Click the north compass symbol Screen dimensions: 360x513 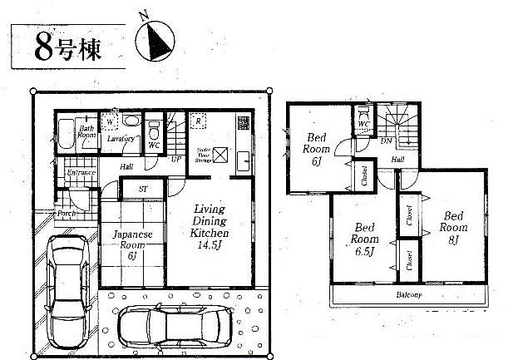(x=156, y=40)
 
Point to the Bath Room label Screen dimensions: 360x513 (x=86, y=131)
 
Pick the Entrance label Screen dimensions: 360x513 (x=81, y=172)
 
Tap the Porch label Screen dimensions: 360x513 (x=67, y=214)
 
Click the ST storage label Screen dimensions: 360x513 (x=142, y=190)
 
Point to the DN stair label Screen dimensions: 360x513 (x=387, y=141)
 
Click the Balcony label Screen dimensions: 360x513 (x=407, y=294)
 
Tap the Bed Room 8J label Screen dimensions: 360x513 (x=454, y=226)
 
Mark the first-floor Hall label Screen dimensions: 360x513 (x=126, y=166)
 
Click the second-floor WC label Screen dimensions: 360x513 (x=363, y=125)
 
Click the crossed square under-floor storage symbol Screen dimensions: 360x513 (x=220, y=155)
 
